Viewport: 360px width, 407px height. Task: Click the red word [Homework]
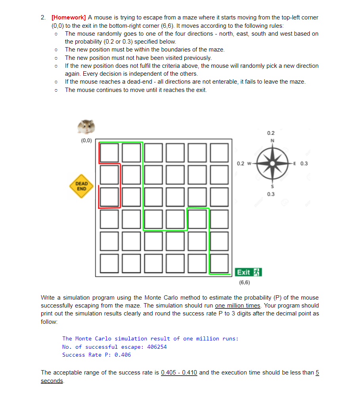(69, 17)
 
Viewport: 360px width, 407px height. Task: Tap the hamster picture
(86, 127)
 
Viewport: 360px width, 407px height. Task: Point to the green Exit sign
(249, 272)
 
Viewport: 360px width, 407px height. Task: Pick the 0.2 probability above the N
(271, 133)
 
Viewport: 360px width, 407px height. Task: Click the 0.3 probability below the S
(271, 194)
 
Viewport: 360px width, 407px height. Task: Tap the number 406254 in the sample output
(157, 347)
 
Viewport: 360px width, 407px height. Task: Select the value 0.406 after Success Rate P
(123, 355)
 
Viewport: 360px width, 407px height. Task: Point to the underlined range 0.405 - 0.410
(179, 373)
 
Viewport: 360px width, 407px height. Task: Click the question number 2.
(43, 17)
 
